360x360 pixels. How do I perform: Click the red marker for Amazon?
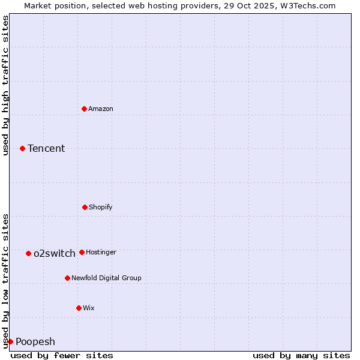(x=85, y=109)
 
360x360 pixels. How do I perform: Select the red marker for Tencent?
(x=22, y=148)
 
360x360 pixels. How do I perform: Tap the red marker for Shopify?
(x=85, y=207)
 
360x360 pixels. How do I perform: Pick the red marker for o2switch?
(x=28, y=253)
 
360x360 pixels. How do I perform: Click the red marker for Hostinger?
(x=82, y=252)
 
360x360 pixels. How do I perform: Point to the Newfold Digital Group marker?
(x=67, y=278)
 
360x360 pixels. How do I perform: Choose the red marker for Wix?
(x=79, y=308)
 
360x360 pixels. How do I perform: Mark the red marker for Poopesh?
(x=10, y=341)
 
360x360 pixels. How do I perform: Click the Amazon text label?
(x=101, y=109)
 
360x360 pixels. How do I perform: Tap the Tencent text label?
(x=46, y=148)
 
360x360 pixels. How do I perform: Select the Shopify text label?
(x=101, y=207)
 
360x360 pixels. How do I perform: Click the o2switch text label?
(x=55, y=253)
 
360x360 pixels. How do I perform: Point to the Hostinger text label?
(x=101, y=252)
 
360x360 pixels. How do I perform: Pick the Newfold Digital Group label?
(x=106, y=278)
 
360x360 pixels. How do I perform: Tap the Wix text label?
(x=89, y=308)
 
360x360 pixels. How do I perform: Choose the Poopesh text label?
(x=35, y=341)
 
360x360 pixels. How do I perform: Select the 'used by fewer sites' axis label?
(x=62, y=355)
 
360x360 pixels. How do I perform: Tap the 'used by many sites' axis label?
(x=301, y=355)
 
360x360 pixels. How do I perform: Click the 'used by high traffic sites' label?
(x=5, y=85)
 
